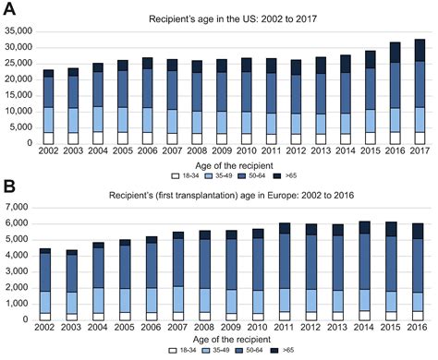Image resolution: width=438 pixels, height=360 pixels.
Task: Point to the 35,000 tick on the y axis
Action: (x=19, y=30)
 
